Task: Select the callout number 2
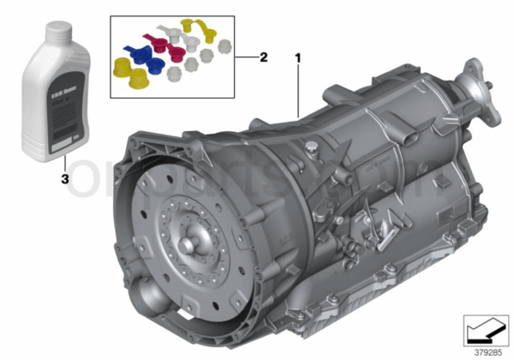tap(264, 57)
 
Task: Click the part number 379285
tap(484, 349)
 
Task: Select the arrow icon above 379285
tap(484, 328)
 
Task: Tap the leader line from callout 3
tap(63, 165)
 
